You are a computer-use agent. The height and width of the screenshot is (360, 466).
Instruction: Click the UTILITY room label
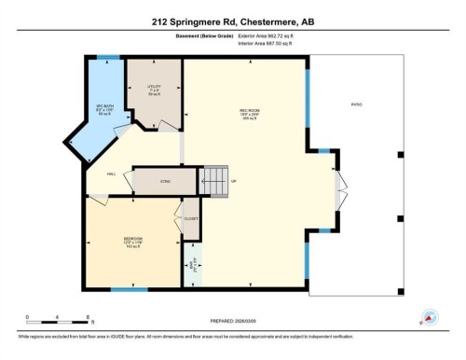click(154, 90)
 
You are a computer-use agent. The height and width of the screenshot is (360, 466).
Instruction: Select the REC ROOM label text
click(248, 115)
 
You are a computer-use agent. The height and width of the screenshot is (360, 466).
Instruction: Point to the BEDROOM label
click(133, 241)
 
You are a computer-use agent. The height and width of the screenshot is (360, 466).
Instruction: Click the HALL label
click(111, 173)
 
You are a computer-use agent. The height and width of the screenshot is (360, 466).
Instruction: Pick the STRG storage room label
click(165, 180)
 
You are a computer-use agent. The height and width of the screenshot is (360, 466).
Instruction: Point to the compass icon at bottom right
click(431, 317)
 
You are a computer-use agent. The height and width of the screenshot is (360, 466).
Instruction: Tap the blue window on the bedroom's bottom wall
click(130, 289)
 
